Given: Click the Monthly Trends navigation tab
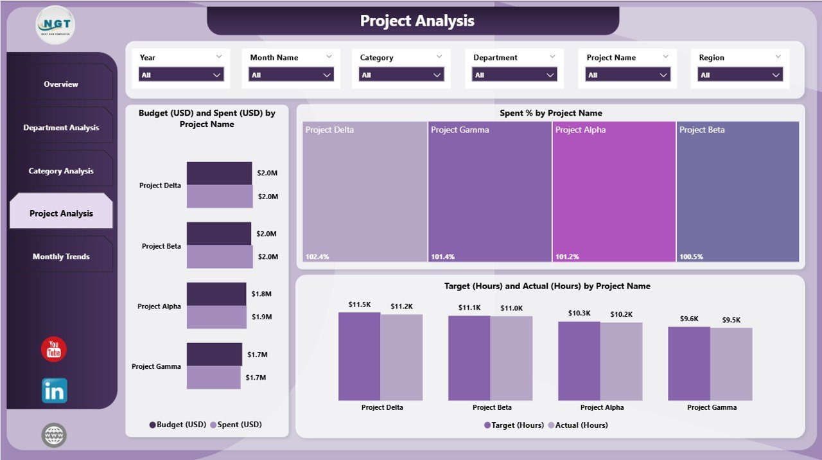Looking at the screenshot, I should [x=61, y=256].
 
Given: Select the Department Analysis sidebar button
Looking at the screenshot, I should [x=61, y=127].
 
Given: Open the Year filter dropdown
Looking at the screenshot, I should [x=181, y=75].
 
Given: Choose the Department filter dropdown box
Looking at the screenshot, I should [x=514, y=75].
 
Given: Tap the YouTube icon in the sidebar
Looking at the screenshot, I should [x=54, y=349].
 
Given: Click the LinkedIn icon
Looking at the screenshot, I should [x=55, y=391].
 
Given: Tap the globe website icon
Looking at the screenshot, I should [x=54, y=435].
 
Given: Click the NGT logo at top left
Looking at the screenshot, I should [x=56, y=25].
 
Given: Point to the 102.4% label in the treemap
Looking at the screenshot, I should [x=317, y=257].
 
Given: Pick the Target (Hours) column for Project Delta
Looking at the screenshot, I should [x=359, y=357].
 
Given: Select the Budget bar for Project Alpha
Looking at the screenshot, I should [x=216, y=294].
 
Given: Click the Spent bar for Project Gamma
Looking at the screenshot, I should [x=214, y=377].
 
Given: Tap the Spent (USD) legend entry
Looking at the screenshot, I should [x=239, y=425].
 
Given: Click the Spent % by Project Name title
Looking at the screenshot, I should [x=550, y=113].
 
